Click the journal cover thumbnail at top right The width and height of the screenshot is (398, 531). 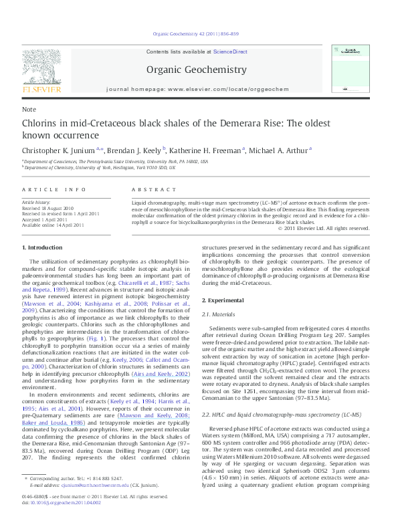(352, 70)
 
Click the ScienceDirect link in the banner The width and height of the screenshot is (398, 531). (230, 51)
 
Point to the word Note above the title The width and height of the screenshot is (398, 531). (29, 109)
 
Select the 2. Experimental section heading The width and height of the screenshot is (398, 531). (223, 302)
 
